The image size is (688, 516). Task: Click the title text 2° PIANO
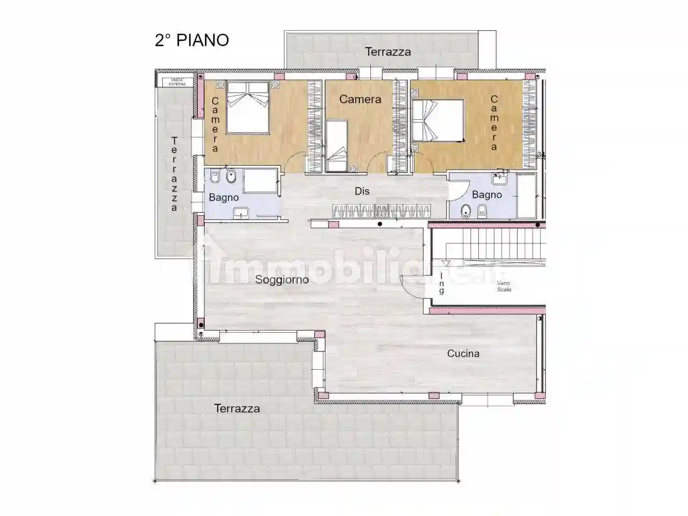click(x=192, y=40)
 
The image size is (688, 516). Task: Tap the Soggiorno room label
click(x=282, y=279)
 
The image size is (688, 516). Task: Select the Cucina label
click(x=463, y=354)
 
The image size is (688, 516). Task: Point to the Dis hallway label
click(x=362, y=191)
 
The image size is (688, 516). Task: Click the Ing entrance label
click(x=442, y=283)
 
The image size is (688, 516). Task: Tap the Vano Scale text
click(x=504, y=286)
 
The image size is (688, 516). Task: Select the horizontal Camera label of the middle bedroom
click(x=360, y=99)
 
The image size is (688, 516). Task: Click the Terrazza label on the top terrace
click(x=388, y=52)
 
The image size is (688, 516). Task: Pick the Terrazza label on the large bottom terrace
click(x=236, y=408)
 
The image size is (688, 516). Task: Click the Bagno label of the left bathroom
click(x=224, y=198)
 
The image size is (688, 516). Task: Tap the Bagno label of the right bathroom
click(x=486, y=195)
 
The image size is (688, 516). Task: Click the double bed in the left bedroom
click(x=248, y=107)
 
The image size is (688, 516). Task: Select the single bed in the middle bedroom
click(x=337, y=146)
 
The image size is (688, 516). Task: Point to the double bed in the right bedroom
click(x=438, y=121)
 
